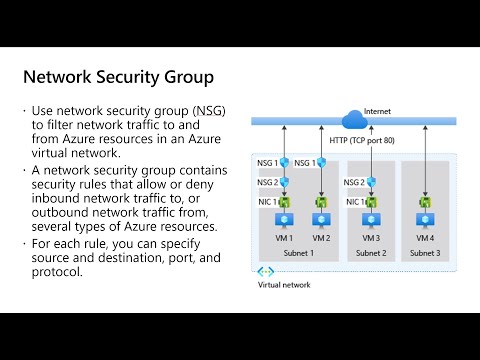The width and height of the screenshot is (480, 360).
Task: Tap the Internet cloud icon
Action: (354, 121)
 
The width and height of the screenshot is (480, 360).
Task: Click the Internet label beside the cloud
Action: (377, 110)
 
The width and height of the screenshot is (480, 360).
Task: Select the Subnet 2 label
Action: (371, 253)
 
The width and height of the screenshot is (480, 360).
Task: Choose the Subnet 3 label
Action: (425, 253)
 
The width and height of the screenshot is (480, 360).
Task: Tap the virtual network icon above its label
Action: (266, 271)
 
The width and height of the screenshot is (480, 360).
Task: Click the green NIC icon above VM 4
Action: (425, 201)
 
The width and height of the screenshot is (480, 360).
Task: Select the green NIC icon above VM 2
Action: (321, 201)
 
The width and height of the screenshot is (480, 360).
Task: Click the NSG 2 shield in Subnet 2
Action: (372, 182)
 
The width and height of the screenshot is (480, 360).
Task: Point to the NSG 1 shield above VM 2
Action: (321, 163)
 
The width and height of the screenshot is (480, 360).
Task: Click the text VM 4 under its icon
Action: (425, 239)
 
